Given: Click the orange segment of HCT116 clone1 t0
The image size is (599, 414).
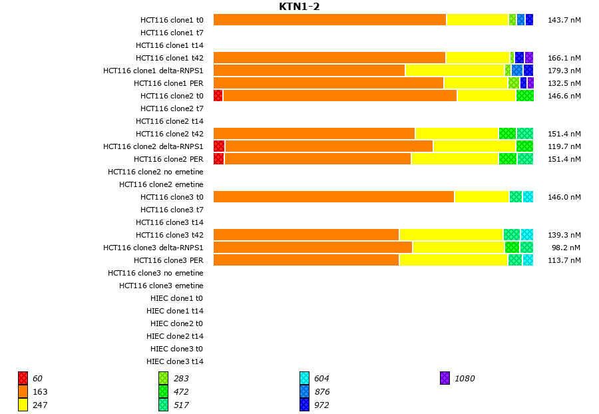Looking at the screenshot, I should (x=329, y=20).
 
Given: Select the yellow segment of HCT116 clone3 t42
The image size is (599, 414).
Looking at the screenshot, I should (x=451, y=235).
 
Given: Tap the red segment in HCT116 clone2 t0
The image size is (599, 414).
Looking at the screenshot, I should (x=218, y=96).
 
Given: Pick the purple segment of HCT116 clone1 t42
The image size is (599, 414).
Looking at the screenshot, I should (x=529, y=58).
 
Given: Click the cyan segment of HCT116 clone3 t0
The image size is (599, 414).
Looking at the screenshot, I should (x=528, y=197).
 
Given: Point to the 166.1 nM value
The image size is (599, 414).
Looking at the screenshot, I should (x=564, y=58).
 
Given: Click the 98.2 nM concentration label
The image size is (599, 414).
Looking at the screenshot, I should (x=566, y=248).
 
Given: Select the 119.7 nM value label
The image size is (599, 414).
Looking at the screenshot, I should (x=564, y=146).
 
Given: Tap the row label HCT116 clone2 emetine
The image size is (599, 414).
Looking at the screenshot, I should (x=161, y=184).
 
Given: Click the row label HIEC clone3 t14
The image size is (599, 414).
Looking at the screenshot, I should (x=175, y=361).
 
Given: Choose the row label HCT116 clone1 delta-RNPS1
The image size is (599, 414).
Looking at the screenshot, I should (x=153, y=71).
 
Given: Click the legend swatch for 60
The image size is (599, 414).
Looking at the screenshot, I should (x=23, y=379).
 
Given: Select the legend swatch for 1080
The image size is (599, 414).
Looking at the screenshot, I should (x=445, y=379).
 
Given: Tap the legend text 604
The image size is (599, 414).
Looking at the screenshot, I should (x=321, y=379).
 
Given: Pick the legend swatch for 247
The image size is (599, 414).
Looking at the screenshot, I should (x=23, y=405).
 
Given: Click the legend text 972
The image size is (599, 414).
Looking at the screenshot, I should (x=321, y=405).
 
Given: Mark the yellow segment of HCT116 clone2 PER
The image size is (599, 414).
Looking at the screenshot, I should (x=455, y=159).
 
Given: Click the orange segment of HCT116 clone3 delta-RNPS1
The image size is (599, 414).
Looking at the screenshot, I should (x=313, y=248).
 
